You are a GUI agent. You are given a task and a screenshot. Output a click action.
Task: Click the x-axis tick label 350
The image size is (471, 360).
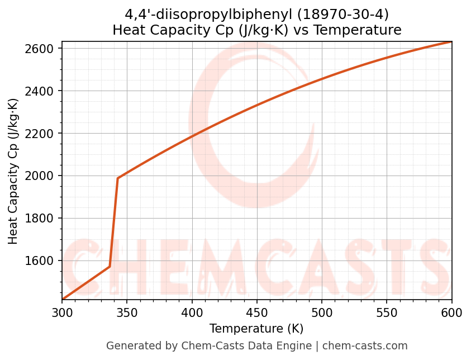(127, 311)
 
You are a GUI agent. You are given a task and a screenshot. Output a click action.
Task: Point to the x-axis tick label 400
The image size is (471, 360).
(192, 311)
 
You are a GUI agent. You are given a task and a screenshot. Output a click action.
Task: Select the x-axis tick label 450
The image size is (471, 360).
(257, 311)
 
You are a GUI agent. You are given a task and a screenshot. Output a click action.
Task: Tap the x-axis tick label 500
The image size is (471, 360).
(322, 311)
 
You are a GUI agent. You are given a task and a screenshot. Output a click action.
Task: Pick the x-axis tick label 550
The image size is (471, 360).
(387, 311)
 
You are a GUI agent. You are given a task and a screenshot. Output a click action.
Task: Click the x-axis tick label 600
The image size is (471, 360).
(451, 311)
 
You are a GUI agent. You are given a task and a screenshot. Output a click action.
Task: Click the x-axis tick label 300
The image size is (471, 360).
(62, 311)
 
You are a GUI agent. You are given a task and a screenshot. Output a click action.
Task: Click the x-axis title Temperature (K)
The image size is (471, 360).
(256, 329)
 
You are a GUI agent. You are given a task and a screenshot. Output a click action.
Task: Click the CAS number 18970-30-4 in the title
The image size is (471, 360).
(329, 14)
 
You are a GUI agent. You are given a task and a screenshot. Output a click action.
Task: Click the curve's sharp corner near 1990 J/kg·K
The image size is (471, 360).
(118, 178)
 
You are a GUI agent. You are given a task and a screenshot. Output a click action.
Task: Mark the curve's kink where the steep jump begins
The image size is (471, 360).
(110, 266)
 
